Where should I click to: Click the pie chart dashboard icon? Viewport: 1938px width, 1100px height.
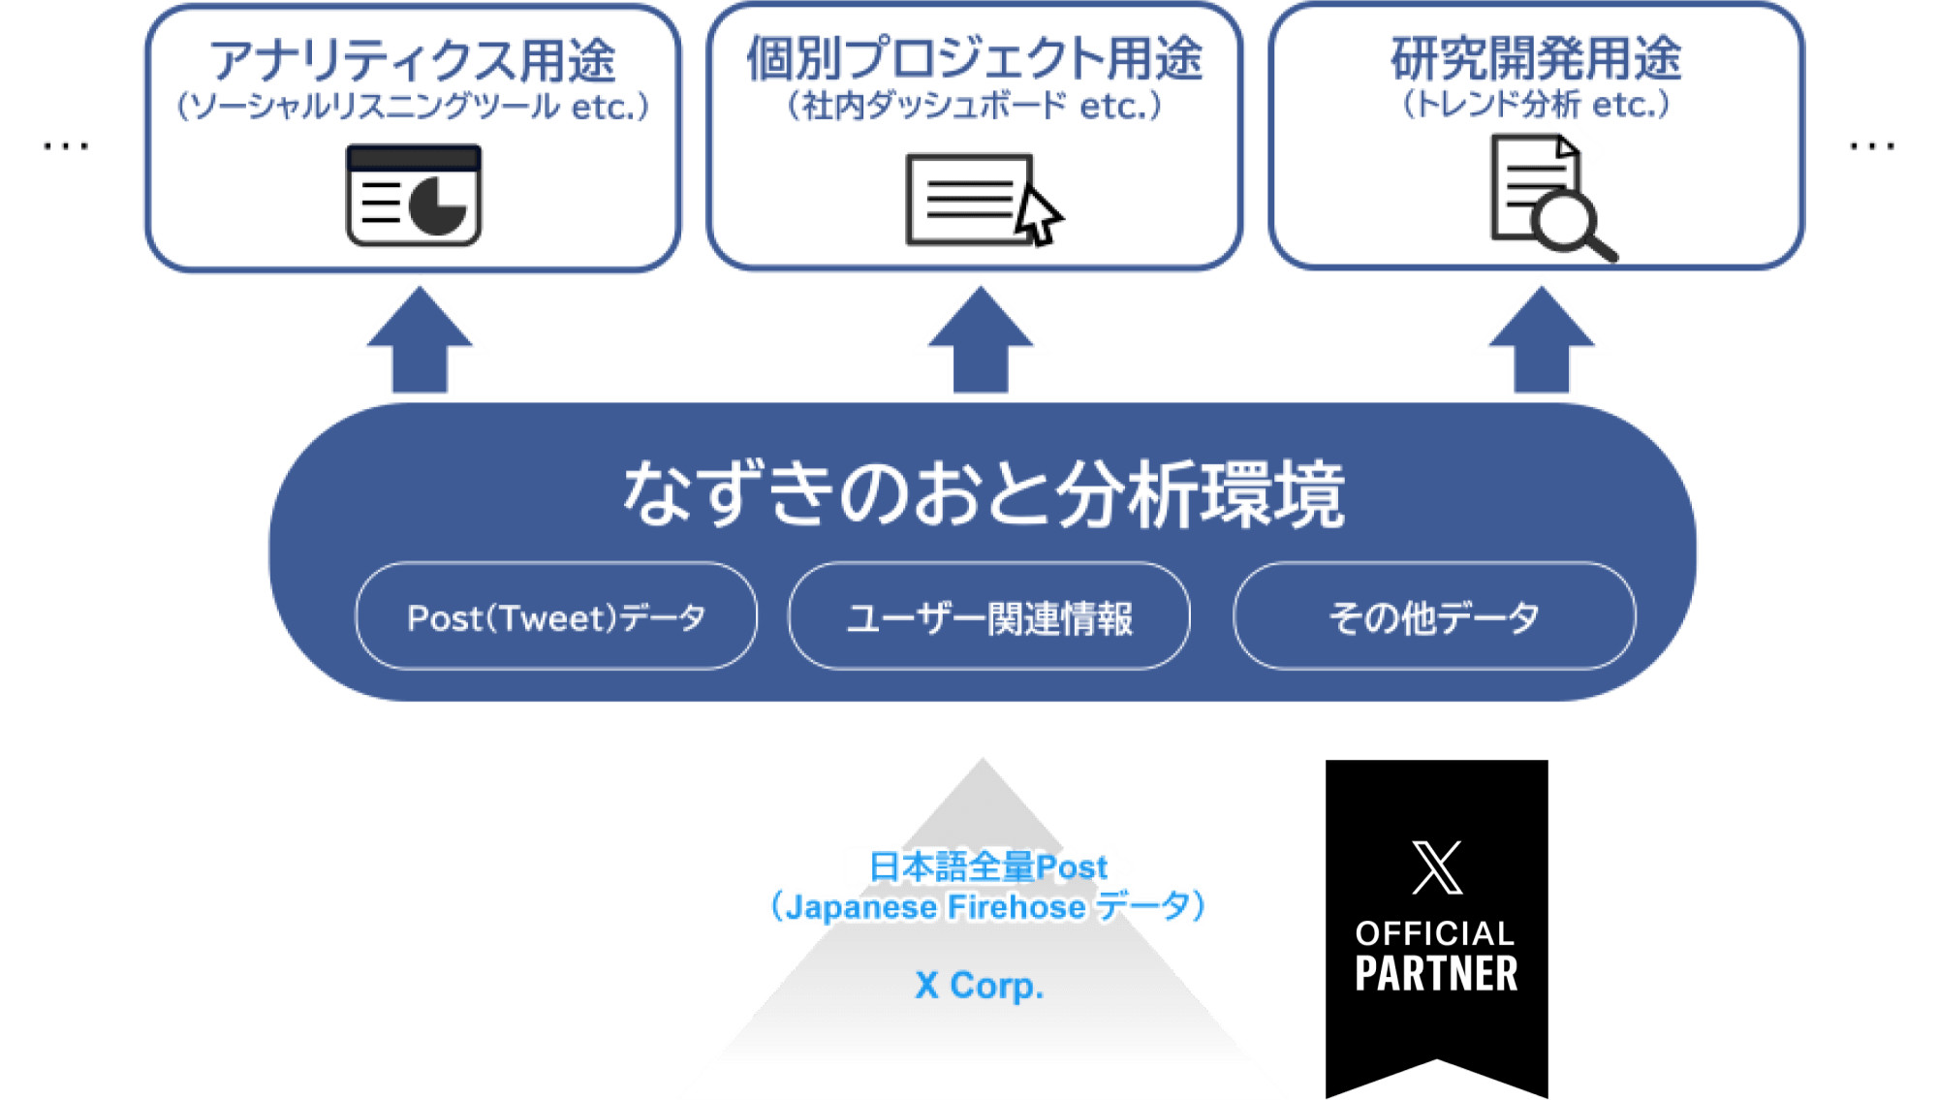pyautogui.click(x=414, y=197)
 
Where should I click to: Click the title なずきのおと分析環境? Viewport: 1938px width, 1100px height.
pyautogui.click(x=983, y=494)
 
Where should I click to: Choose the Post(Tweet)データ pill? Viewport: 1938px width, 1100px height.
pyautogui.click(x=556, y=616)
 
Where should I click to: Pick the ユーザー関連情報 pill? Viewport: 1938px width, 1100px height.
pyautogui.click(x=989, y=616)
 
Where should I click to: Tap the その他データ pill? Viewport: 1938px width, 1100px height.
pyautogui.click(x=1434, y=616)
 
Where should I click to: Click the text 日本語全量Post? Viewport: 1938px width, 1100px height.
pyautogui.click(x=987, y=865)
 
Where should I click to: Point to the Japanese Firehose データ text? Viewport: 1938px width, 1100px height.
pyautogui.click(x=987, y=907)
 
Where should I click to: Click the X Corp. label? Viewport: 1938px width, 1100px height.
pyautogui.click(x=980, y=985)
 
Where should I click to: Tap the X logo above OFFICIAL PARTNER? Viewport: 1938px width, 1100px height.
pyautogui.click(x=1437, y=867)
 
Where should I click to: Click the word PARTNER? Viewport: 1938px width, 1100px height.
pyautogui.click(x=1437, y=974)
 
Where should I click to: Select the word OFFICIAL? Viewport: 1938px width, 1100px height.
pyautogui.click(x=1435, y=933)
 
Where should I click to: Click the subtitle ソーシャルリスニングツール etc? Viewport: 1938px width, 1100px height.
pyautogui.click(x=413, y=107)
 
